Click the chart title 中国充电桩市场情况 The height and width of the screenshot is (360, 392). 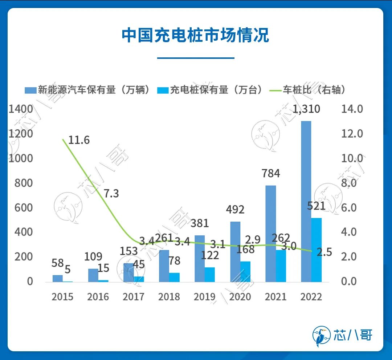pos(195,36)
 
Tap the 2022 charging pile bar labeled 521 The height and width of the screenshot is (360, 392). pos(317,250)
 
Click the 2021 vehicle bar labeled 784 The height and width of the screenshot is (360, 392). pos(271,233)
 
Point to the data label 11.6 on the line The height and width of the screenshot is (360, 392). pos(79,140)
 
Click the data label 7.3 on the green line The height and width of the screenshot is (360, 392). pos(111,193)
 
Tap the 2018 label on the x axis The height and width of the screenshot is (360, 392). pos(169,297)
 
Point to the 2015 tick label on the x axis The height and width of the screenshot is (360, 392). pos(62,297)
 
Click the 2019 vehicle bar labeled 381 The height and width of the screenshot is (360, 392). pos(200,258)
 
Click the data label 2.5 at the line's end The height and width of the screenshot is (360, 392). pos(324,252)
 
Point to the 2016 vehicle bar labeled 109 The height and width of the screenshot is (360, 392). pos(93,275)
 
